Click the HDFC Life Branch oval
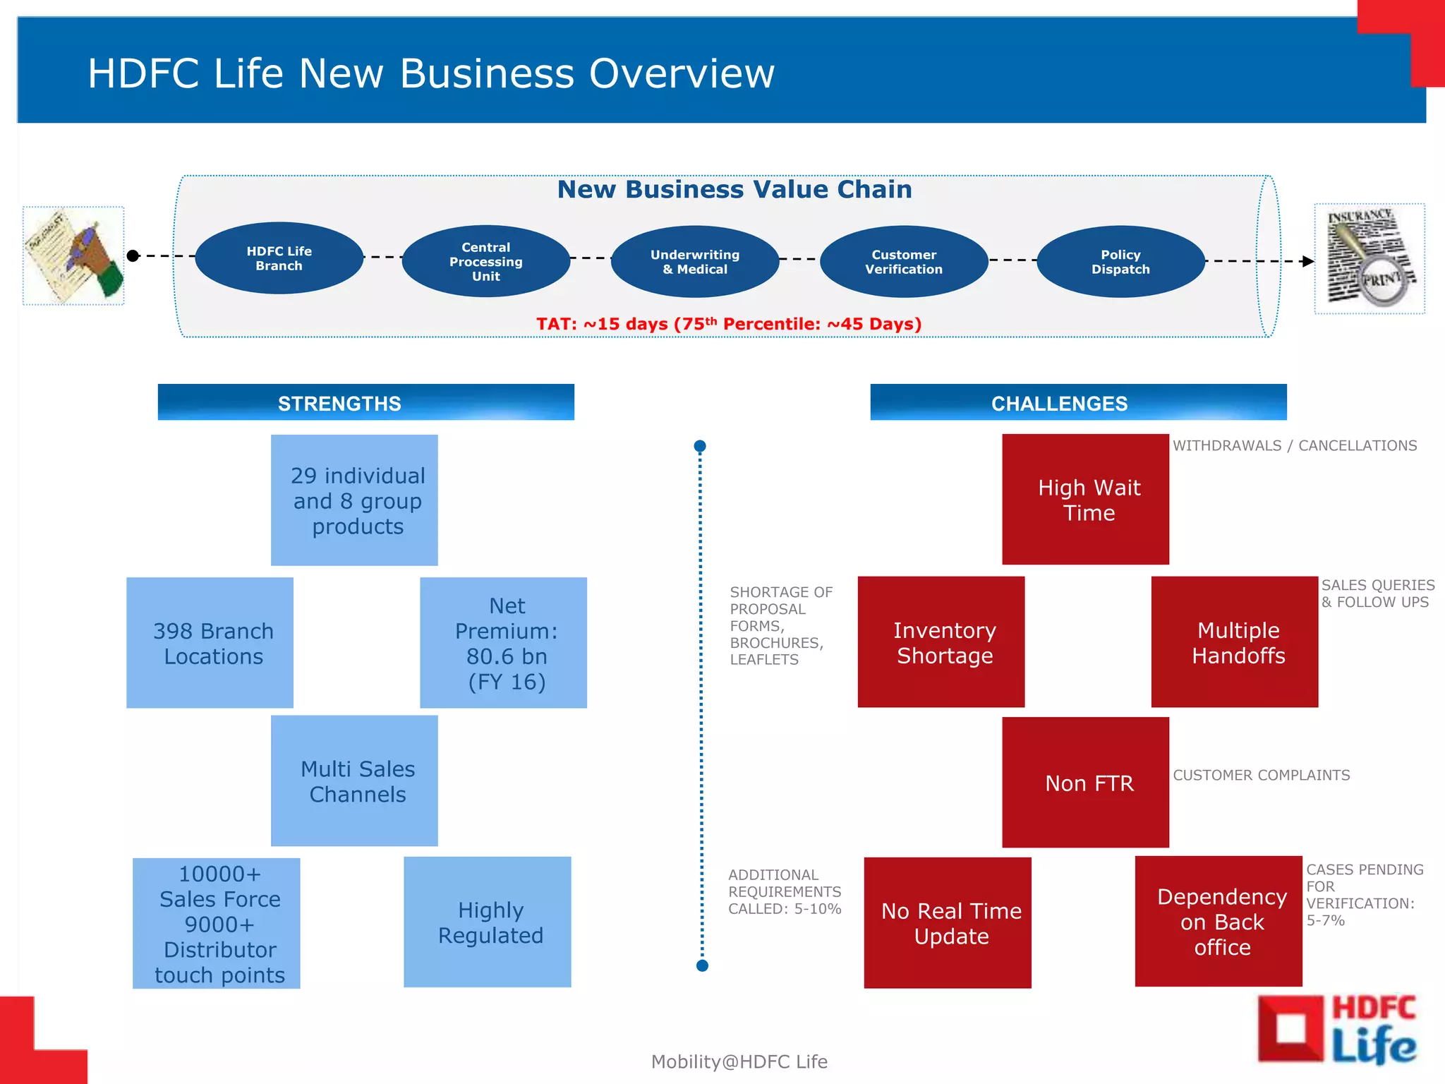point(279,258)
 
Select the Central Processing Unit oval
point(486,261)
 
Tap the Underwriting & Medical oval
point(695,261)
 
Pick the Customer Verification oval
point(904,261)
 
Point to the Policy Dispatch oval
point(1120,261)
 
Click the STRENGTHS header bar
point(365,402)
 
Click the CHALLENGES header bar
point(1078,402)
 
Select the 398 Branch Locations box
point(210,643)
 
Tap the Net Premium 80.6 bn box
point(504,643)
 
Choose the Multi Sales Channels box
point(354,781)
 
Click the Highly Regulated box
point(488,922)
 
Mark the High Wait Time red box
point(1085,499)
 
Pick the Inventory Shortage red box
point(941,642)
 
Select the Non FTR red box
point(1085,782)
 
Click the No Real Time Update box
point(948,922)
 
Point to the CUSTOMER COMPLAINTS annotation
point(1262,775)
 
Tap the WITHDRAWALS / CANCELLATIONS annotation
point(1295,445)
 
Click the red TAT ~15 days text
point(729,324)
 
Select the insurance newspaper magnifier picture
point(1370,258)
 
